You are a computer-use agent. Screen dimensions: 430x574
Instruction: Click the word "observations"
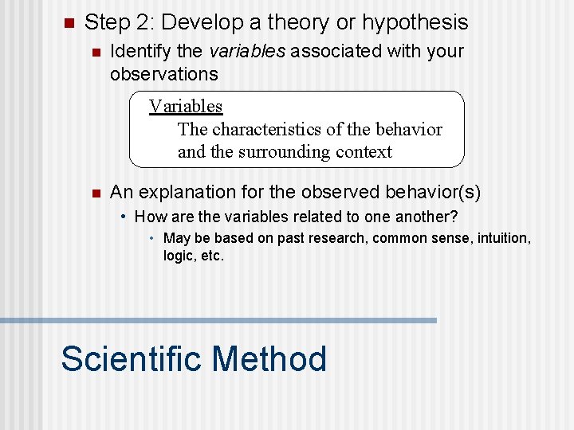163,74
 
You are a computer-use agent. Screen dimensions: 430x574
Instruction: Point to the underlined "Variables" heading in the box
186,107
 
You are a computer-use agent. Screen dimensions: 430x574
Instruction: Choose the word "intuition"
500,238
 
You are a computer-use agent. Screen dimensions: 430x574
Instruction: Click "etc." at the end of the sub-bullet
212,256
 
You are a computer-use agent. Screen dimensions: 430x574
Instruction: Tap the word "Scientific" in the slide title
132,359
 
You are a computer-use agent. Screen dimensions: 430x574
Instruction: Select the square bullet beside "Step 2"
69,23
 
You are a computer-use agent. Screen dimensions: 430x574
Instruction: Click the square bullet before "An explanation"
94,193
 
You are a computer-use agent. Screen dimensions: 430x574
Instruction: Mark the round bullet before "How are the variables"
123,217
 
